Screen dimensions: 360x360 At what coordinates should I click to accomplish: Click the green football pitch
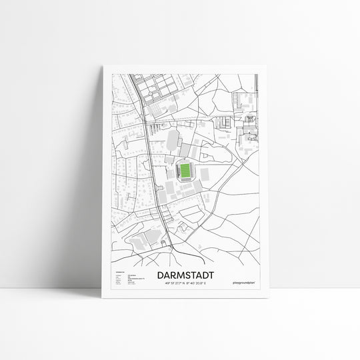(x=185, y=171)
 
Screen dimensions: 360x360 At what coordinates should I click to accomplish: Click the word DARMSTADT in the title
(x=186, y=274)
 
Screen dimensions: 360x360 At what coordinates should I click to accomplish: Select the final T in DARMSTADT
(x=211, y=274)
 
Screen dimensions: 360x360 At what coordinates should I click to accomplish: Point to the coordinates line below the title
(x=186, y=283)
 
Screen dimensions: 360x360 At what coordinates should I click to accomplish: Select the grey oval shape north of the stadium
(x=173, y=139)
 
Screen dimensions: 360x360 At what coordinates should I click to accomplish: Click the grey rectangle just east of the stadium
(x=204, y=174)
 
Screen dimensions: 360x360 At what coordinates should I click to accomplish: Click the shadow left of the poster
(x=87, y=200)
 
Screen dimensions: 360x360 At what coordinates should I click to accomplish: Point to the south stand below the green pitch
(x=185, y=183)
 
